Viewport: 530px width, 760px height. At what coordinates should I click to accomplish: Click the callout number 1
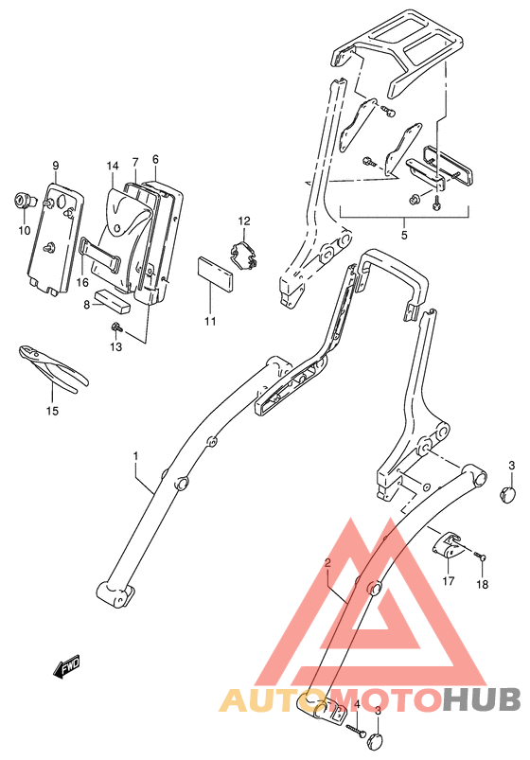click(135, 456)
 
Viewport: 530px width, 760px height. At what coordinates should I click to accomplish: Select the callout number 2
click(327, 563)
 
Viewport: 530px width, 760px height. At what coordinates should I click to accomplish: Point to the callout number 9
click(56, 167)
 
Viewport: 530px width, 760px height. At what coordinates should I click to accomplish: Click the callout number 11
click(210, 322)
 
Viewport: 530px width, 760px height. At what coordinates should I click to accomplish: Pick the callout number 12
click(243, 221)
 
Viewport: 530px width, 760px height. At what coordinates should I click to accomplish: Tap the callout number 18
click(482, 584)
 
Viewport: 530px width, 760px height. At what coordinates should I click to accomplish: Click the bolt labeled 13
click(115, 327)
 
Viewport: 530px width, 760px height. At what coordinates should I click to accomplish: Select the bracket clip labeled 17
click(450, 547)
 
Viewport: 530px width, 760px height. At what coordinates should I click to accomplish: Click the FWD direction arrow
click(67, 670)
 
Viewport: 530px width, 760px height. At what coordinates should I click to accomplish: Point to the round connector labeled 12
click(245, 254)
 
